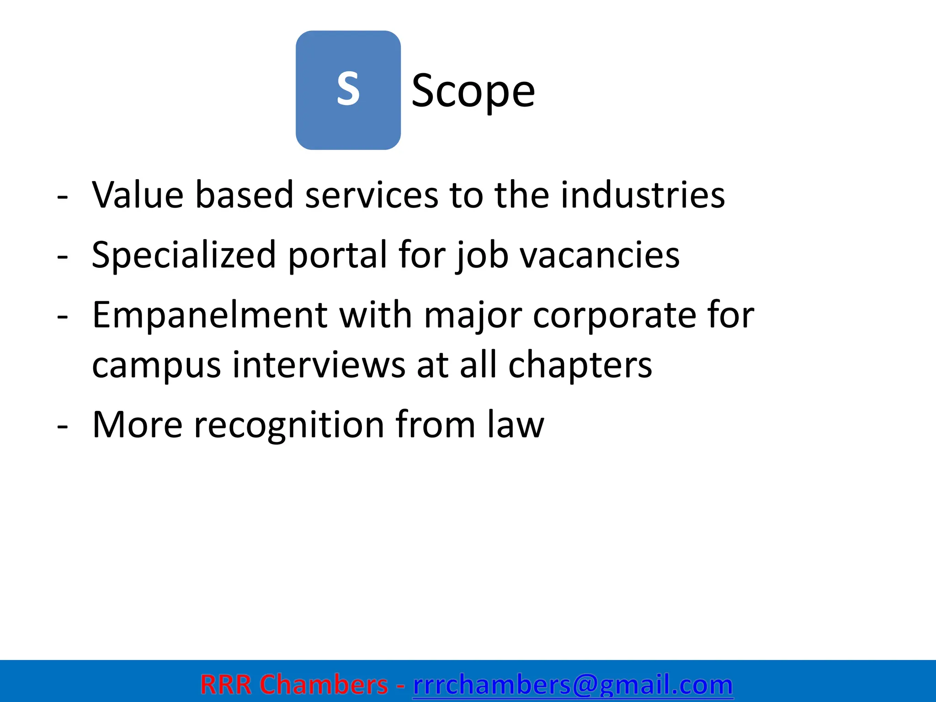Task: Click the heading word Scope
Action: [x=473, y=91]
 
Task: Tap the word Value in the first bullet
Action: [x=138, y=195]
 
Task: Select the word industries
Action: [x=643, y=195]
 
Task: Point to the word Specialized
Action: [x=184, y=255]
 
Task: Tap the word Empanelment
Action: [x=210, y=315]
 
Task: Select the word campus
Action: [x=156, y=366]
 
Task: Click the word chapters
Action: [x=580, y=366]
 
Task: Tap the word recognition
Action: [x=289, y=425]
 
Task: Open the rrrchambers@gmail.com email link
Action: [x=573, y=685]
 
